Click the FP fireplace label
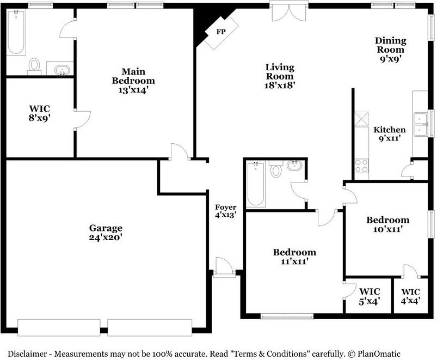[x=221, y=32]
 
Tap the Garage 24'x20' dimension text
[x=106, y=237]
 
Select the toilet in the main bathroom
[x=34, y=66]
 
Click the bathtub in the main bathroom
[x=16, y=32]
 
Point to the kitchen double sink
[x=421, y=124]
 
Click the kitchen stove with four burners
[x=361, y=166]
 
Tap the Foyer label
[x=226, y=207]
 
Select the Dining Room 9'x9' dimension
[x=390, y=59]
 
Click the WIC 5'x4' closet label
[x=370, y=296]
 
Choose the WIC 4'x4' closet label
[x=411, y=296]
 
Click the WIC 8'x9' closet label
[x=40, y=113]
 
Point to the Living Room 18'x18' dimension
[x=280, y=85]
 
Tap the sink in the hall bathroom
[x=294, y=166]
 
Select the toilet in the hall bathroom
[x=275, y=169]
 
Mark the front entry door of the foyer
[x=224, y=267]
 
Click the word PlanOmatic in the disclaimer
[x=379, y=354]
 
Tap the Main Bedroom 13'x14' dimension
[x=133, y=90]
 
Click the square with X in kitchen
[x=361, y=119]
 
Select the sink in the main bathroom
[x=62, y=69]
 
